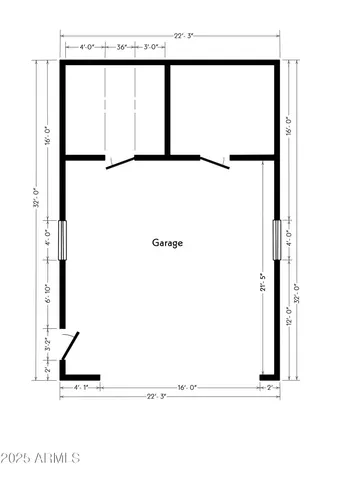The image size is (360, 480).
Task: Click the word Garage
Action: pos(168,243)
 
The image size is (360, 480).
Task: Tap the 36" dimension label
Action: pos(121,47)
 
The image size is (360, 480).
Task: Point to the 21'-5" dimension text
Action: pos(262,284)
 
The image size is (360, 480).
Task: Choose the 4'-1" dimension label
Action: pos(82,387)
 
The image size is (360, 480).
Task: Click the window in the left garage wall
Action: pos(63,240)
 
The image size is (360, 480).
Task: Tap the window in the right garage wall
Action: pos(277,240)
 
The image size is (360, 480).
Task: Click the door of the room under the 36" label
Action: pos(120,162)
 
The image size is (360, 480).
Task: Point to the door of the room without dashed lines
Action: pos(213,162)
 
